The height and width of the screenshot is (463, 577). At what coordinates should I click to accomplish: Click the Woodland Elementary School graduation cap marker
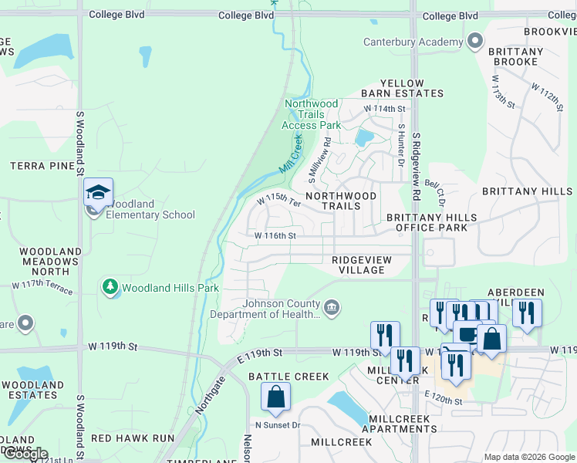tap(98, 192)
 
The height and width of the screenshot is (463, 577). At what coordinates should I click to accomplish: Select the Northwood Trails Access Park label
tap(311, 114)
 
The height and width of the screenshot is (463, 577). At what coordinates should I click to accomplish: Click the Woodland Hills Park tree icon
tap(110, 287)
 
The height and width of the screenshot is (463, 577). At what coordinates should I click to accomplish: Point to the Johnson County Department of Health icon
tap(331, 308)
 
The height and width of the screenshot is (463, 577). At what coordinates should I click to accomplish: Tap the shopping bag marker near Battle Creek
tap(275, 397)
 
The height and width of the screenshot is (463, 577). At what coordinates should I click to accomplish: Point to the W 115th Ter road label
tap(278, 201)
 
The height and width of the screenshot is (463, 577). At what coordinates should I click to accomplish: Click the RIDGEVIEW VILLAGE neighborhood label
tap(358, 265)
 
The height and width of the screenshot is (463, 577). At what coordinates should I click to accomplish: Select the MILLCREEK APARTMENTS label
tap(403, 423)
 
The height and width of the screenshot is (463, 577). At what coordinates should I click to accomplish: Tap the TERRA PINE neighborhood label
tap(35, 166)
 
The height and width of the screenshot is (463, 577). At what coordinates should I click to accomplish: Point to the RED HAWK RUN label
tap(133, 438)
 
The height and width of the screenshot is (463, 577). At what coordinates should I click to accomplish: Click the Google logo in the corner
tap(25, 454)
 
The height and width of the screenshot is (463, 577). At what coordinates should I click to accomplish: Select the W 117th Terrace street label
tap(42, 288)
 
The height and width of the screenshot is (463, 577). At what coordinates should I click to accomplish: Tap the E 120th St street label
tap(443, 401)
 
